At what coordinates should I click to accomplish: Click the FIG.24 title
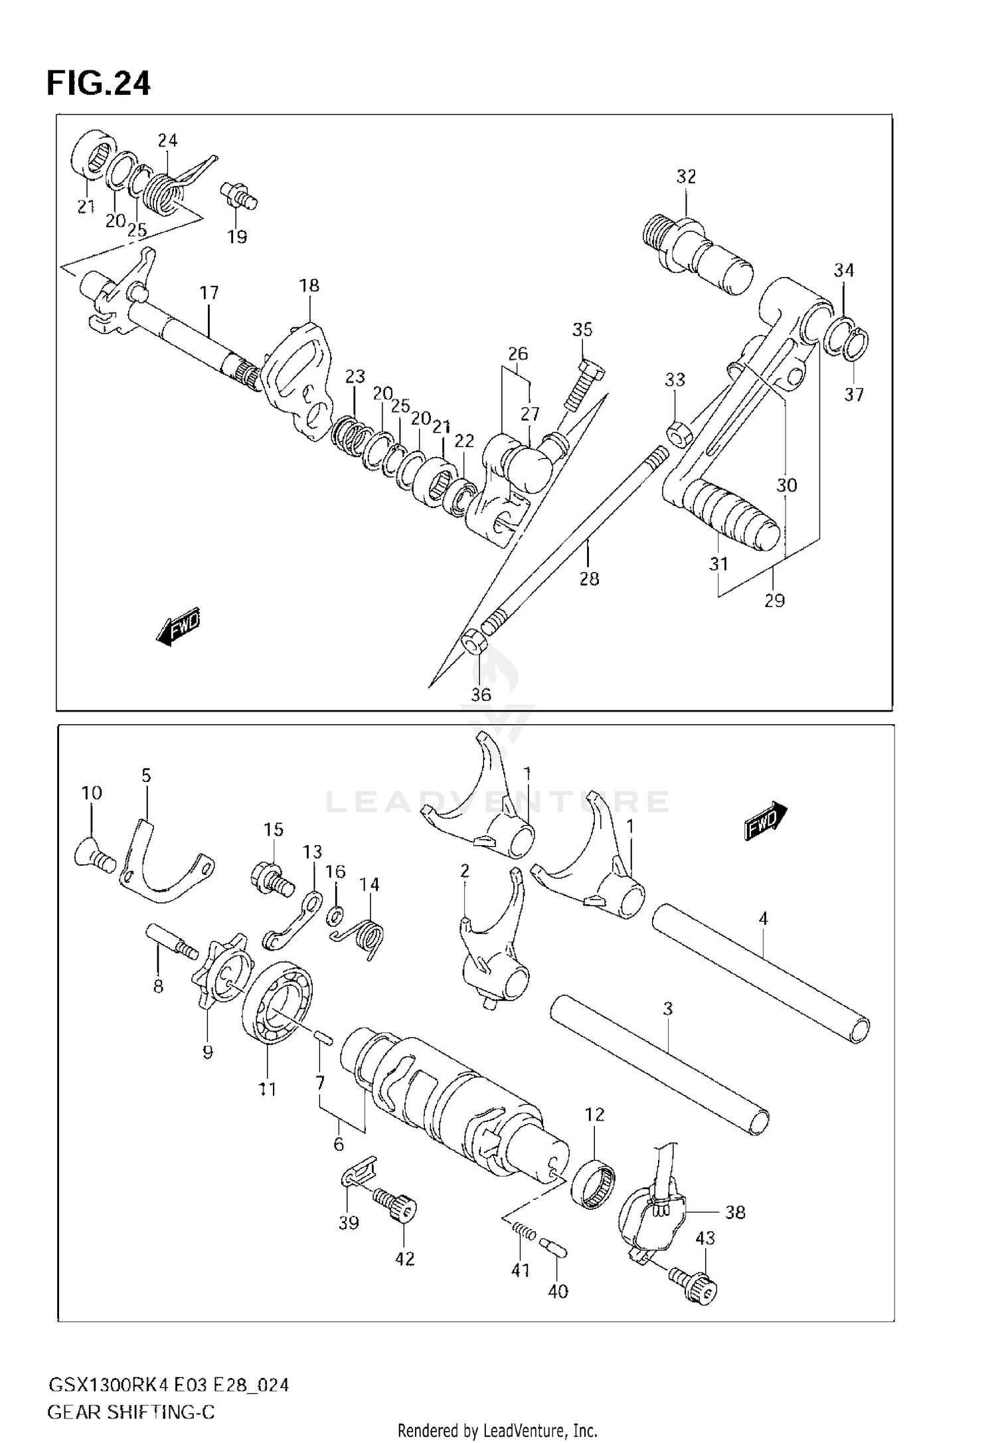click(98, 83)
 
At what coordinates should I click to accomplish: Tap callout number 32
click(686, 177)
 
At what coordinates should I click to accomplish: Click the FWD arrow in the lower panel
click(766, 822)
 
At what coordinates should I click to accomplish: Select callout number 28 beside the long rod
click(589, 579)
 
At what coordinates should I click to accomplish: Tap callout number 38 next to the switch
click(735, 1212)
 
